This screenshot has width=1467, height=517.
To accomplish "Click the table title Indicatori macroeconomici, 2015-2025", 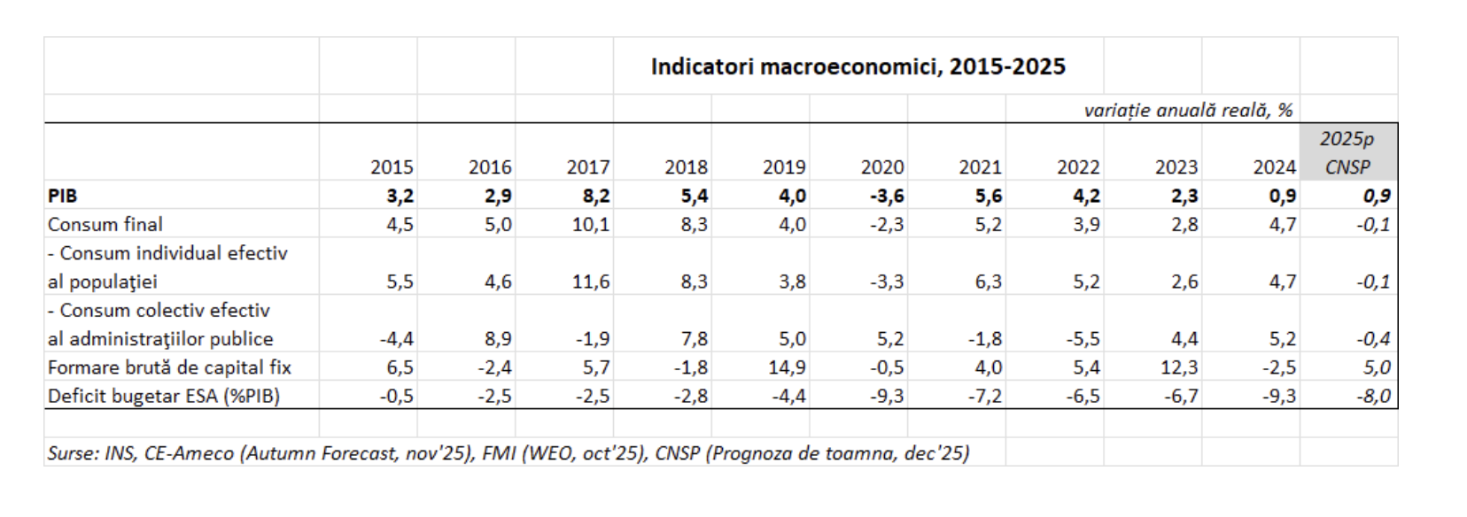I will pyautogui.click(x=858, y=67).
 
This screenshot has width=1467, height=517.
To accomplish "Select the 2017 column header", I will pyautogui.click(x=588, y=167).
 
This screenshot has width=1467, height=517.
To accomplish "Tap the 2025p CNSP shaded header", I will pyautogui.click(x=1347, y=153).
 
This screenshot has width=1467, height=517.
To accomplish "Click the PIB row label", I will pyautogui.click(x=63, y=197).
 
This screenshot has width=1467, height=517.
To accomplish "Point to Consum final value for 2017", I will pyautogui.click(x=591, y=225).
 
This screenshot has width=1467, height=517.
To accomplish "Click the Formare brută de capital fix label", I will pyautogui.click(x=169, y=367).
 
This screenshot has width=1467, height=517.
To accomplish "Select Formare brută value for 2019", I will pyautogui.click(x=787, y=367).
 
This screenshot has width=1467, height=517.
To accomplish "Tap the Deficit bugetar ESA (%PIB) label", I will pyautogui.click(x=164, y=396).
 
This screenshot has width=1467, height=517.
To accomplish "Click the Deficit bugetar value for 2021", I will pyautogui.click(x=984, y=396).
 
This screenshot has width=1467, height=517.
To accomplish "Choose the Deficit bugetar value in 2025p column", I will pyautogui.click(x=1373, y=396).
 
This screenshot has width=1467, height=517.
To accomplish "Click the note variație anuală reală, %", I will pyautogui.click(x=1188, y=110).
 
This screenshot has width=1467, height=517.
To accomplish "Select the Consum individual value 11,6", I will pyautogui.click(x=591, y=282).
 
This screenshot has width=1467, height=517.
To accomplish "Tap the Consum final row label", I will pyautogui.click(x=105, y=225).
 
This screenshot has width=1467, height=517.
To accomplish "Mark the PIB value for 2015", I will pyautogui.click(x=400, y=197).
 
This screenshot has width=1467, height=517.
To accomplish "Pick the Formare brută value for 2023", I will pyautogui.click(x=1179, y=367).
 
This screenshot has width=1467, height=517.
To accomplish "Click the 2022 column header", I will pyautogui.click(x=1078, y=167).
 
